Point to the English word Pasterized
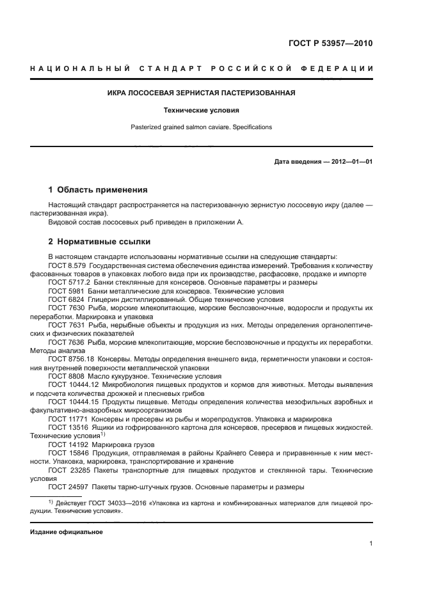click(x=146, y=127)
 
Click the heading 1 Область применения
click(x=98, y=190)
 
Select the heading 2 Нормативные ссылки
click(x=99, y=242)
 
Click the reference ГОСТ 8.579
click(x=67, y=265)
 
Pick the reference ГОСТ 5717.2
click(x=68, y=282)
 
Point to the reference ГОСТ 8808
click(x=65, y=376)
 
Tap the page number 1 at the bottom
click(x=371, y=543)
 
